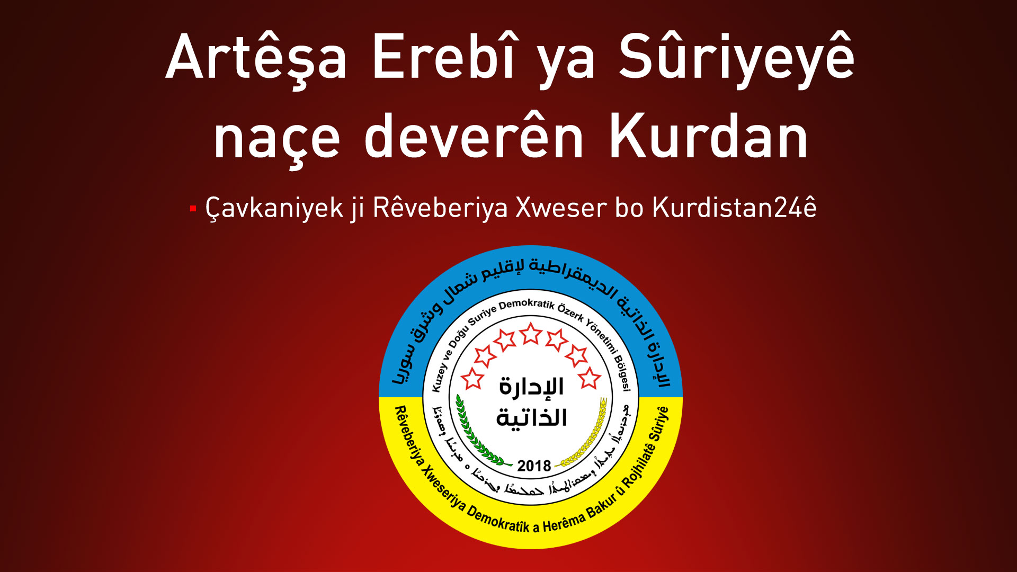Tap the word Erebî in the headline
443,57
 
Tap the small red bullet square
193,209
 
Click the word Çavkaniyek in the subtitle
274,208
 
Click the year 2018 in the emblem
534,466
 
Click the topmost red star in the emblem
530,334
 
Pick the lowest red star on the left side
472,379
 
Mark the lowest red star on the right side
589,379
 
